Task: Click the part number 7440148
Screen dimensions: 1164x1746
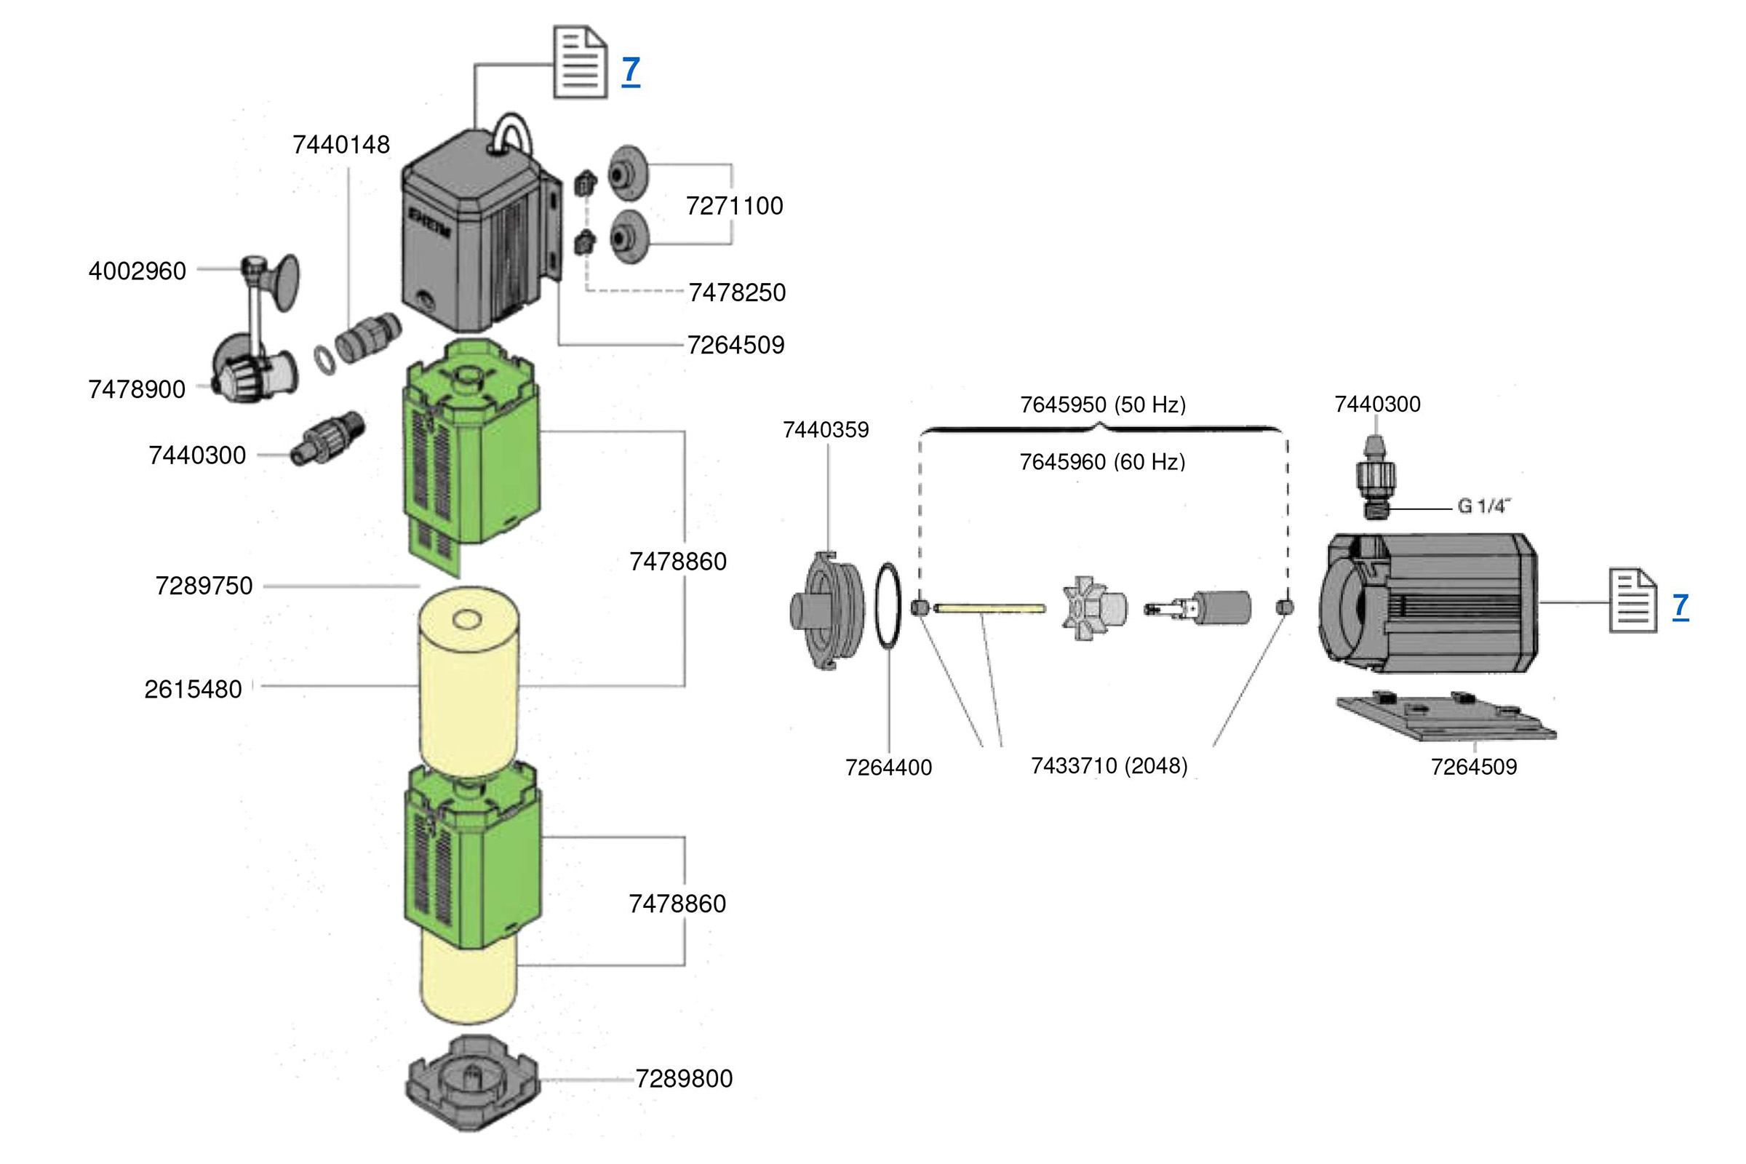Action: [x=340, y=145]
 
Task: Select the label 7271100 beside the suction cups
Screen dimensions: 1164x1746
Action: [x=734, y=206]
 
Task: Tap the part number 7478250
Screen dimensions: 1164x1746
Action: [x=736, y=292]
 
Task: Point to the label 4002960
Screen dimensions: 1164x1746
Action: [x=137, y=271]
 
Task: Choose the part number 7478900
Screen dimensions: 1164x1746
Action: [x=137, y=389]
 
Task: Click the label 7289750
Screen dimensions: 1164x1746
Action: [x=204, y=586]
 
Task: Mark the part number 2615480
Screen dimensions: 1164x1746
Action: [x=193, y=690]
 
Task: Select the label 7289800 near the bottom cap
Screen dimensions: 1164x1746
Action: [x=684, y=1079]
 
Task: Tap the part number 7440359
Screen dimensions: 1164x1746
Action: [x=826, y=430]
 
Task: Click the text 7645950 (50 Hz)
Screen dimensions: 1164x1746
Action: [x=1102, y=404]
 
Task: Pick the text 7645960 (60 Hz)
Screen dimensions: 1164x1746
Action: [x=1102, y=462]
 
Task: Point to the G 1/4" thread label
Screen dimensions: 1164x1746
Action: [x=1483, y=506]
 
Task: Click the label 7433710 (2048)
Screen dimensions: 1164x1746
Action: [x=1109, y=765]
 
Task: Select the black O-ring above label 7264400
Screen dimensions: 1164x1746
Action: [x=888, y=606]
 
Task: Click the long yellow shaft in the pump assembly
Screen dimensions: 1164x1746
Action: [x=989, y=609]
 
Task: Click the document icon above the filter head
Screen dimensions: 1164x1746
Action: [x=580, y=63]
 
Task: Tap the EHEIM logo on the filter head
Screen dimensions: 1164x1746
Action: [x=429, y=222]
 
